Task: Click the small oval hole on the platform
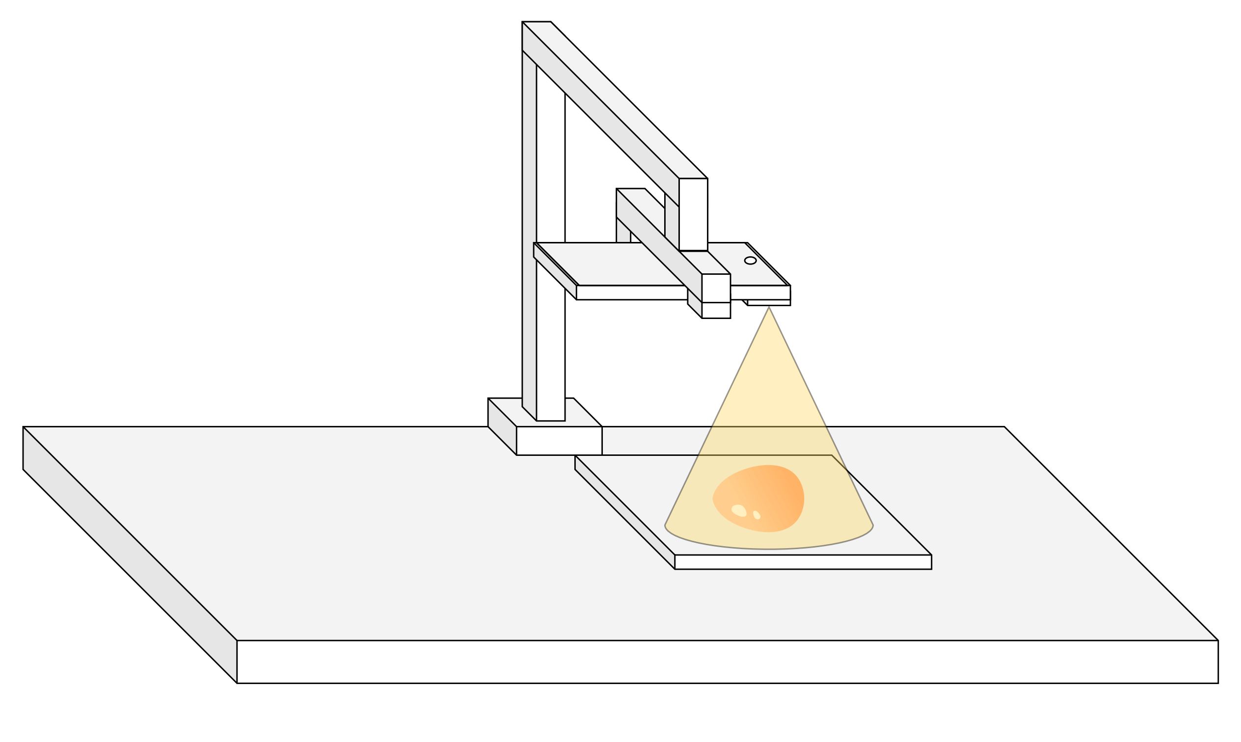coord(750,261)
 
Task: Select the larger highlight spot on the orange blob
coord(738,510)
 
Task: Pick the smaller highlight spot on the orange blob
coord(756,515)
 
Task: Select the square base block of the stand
coord(559,441)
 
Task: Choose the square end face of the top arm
coord(693,214)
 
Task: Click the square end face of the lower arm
coord(716,288)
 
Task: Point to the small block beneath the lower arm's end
coord(716,310)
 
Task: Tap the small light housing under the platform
coord(769,302)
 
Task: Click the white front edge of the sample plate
coord(803,562)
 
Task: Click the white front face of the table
coord(725,662)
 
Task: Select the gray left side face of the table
coord(130,555)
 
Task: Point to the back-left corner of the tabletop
coord(24,427)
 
